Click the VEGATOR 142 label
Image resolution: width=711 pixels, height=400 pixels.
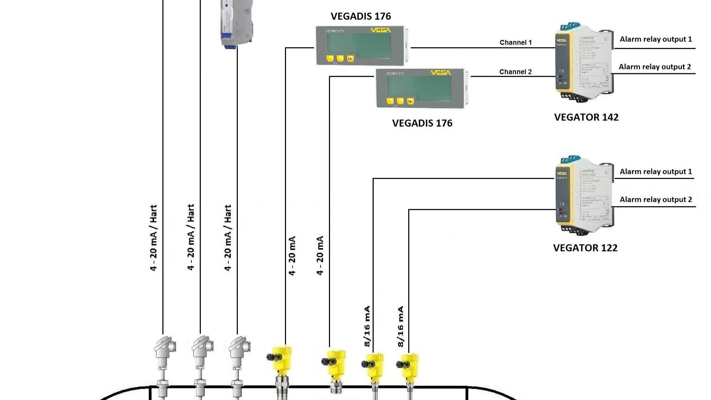point(586,117)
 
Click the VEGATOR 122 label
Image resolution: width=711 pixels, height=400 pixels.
point(585,248)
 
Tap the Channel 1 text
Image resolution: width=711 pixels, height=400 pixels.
point(515,42)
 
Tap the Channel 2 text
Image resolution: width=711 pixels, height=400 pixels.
point(515,72)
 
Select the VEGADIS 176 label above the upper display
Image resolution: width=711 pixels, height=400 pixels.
point(360,16)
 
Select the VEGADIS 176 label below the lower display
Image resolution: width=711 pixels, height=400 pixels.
point(422,123)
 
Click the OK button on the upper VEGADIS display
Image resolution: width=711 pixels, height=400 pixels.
point(350,59)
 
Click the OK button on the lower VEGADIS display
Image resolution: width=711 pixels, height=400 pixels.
point(410,101)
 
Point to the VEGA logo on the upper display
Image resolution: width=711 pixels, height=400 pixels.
point(381,30)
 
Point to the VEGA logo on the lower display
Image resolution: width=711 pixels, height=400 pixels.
point(441,73)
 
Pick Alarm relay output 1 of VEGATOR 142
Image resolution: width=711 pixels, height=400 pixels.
point(655,39)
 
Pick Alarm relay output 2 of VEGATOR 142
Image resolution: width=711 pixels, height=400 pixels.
point(655,67)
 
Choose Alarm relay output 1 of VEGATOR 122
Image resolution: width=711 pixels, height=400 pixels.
point(655,172)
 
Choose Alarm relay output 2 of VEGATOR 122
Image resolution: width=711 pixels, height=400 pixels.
point(655,199)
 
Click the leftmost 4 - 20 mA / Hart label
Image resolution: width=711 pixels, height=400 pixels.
point(153,238)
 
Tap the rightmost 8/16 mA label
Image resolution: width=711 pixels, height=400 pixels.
point(401,326)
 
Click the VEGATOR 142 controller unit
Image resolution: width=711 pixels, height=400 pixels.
point(583,63)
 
